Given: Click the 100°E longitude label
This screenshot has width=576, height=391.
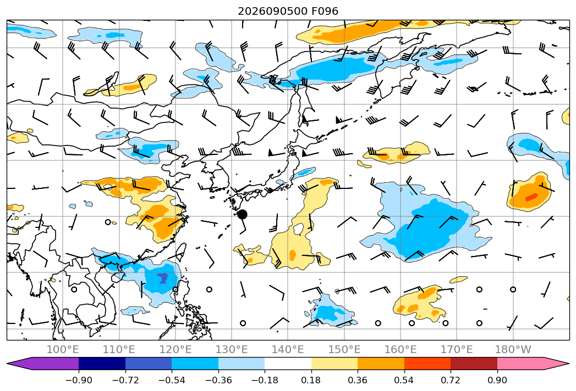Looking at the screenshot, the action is pos(63,349).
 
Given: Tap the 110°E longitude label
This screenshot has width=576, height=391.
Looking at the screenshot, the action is pos(119,349).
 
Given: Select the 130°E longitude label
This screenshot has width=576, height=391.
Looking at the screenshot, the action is pos(232,349).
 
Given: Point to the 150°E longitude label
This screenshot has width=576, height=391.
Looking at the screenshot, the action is pos(344,349).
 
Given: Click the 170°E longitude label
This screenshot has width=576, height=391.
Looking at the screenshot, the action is pos(457,349).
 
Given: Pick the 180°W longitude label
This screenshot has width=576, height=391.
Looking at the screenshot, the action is pos(513,349).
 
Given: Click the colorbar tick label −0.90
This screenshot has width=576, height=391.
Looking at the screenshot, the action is pos(79,380).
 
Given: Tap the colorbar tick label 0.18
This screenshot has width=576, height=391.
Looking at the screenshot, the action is pos(311,380).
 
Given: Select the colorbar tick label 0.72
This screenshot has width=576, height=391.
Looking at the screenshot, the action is pos(451,380).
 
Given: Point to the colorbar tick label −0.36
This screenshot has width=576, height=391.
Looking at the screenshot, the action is pos(218,380).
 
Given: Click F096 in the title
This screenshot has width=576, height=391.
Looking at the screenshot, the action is pos(325,11).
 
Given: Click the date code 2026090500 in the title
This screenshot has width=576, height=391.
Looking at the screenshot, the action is pos(272,11).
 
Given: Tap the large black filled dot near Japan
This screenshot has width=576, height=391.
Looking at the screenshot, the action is pos(242,215).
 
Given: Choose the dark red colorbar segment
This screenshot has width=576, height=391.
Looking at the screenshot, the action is pos(474,363).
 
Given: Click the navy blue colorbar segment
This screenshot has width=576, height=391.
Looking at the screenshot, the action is pos(102,363).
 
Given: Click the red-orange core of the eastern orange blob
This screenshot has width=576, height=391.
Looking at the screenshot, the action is pos(531,197).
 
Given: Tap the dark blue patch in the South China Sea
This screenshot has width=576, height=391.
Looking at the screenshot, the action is pos(162,278).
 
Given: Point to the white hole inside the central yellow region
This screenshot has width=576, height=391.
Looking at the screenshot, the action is pos(298,229).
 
